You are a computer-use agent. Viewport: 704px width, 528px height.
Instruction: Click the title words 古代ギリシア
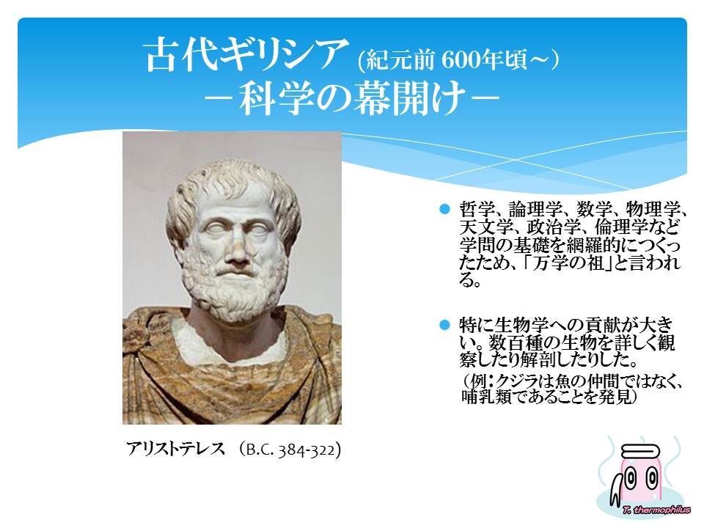click(247, 54)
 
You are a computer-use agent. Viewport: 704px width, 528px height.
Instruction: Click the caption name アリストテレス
click(175, 449)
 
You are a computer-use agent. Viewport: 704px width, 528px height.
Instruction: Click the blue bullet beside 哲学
click(444, 209)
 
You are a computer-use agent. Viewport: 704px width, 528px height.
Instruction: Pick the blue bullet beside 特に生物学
click(444, 325)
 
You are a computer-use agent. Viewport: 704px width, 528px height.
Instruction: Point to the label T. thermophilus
click(656, 510)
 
